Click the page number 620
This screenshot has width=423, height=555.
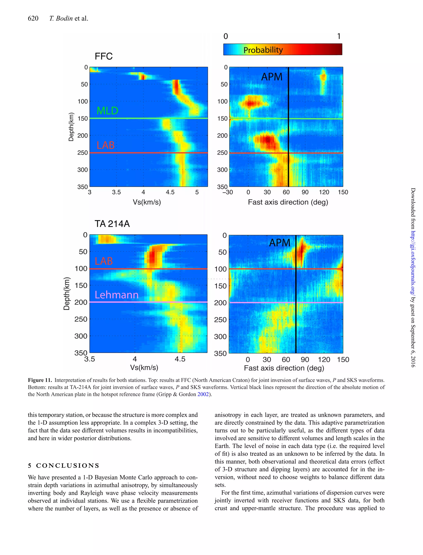tap(33, 18)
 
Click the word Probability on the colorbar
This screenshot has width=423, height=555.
tap(263, 50)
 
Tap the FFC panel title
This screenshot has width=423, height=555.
tap(103, 56)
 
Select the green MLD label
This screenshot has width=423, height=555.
tap(107, 111)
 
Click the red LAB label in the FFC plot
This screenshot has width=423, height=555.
tap(106, 145)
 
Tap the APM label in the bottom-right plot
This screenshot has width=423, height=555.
tap(279, 243)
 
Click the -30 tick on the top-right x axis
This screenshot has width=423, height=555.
tap(228, 192)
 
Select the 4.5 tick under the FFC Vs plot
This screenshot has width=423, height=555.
tap(170, 192)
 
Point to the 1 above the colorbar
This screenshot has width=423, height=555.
tap(339, 37)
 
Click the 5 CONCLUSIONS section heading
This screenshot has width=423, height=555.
tap(64, 465)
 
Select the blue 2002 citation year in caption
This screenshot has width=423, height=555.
tap(203, 394)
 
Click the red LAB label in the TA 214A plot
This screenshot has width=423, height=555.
tap(103, 261)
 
